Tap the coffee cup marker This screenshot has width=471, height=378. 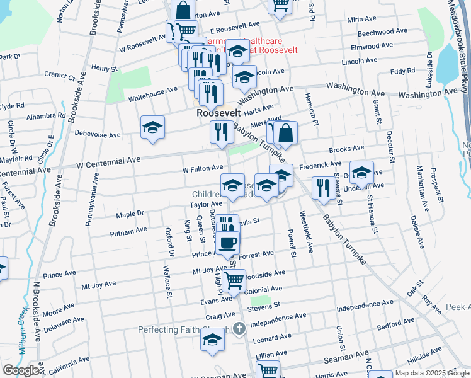(228, 242)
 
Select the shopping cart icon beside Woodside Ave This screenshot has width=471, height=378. (234, 280)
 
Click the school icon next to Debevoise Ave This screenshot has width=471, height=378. (152, 127)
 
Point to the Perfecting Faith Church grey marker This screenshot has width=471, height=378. (239, 328)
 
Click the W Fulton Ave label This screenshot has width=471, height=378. (203, 168)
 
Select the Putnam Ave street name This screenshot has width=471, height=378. (128, 232)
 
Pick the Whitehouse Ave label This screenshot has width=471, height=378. (153, 92)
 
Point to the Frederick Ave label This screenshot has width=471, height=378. (320, 165)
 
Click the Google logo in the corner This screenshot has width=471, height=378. (21, 370)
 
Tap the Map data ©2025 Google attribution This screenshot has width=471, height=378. (432, 373)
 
